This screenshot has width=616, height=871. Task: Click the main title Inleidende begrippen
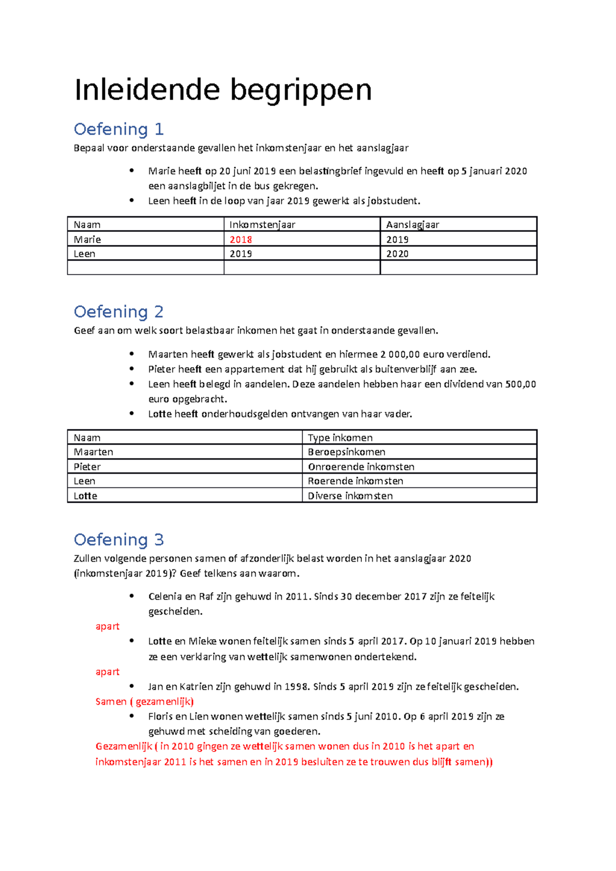[x=223, y=90]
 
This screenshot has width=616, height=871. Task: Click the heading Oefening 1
[x=119, y=129]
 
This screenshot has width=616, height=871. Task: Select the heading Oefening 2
[x=119, y=311]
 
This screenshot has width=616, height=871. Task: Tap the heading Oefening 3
[x=119, y=540]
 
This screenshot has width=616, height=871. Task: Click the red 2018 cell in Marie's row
[x=241, y=240]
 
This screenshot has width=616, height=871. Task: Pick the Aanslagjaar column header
[x=413, y=225]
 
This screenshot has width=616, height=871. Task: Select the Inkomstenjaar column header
[x=262, y=225]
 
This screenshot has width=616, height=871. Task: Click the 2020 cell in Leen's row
[x=397, y=254]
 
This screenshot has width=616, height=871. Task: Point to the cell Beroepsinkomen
[x=346, y=452]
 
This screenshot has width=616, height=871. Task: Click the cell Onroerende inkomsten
[x=361, y=467]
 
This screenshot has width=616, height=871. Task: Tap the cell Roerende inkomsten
[x=355, y=481]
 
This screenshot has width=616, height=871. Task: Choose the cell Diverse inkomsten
[x=350, y=496]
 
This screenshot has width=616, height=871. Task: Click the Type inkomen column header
[x=340, y=438]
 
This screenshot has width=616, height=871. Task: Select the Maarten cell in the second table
[x=93, y=452]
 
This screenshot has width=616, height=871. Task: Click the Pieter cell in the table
[x=87, y=467]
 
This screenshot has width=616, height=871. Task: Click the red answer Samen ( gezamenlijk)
[x=144, y=701]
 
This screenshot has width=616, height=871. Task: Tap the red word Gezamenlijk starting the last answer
[x=124, y=746]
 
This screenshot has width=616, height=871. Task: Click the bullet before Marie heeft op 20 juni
[x=132, y=170]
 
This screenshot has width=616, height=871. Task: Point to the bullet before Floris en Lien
[x=132, y=716]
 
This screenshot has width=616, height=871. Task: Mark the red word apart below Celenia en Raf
[x=107, y=626]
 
